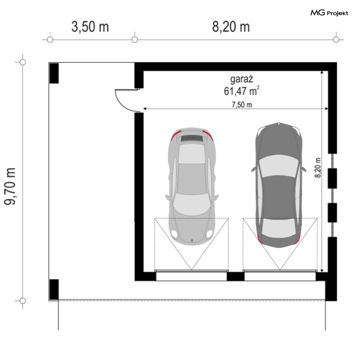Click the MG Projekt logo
coord(329,13)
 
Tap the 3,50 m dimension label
coord(90,26)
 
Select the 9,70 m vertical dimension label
coord(10,186)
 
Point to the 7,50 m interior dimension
coord(242,105)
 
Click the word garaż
coord(242,79)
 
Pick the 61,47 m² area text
coord(242,91)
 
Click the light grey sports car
coord(192,186)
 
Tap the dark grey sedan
coord(279,185)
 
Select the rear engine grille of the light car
coord(192,138)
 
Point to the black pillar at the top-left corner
coord(54,73)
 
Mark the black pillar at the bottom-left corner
coord(54,289)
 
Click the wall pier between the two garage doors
coord(236,276)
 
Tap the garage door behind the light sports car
coord(191,276)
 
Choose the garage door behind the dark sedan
coord(280,276)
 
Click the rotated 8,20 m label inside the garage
coord(318,168)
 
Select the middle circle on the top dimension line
coord(135,40)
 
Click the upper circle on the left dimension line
coord(23,62)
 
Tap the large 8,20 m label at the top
coord(231,26)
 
